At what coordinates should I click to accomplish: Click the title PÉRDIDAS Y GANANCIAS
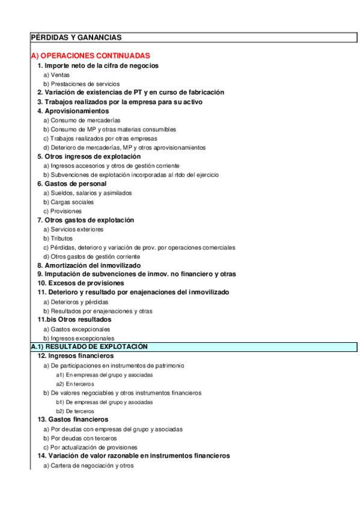coord(76,37)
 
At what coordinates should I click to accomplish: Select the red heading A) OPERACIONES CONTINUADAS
coord(90,55)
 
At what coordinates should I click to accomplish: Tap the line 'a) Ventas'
coord(56,75)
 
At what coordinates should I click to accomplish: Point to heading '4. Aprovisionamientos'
coord(73,111)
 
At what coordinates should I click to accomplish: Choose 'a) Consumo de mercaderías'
coord(82,120)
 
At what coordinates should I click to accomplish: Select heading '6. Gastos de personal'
coord(72,183)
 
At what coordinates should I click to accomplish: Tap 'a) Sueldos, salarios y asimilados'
coord(88,193)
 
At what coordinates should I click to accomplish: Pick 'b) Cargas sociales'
coord(69,202)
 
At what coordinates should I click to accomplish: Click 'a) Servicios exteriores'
coord(73,229)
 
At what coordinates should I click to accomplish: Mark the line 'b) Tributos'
coord(58,238)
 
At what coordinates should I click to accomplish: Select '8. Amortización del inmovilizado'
coord(89,265)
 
